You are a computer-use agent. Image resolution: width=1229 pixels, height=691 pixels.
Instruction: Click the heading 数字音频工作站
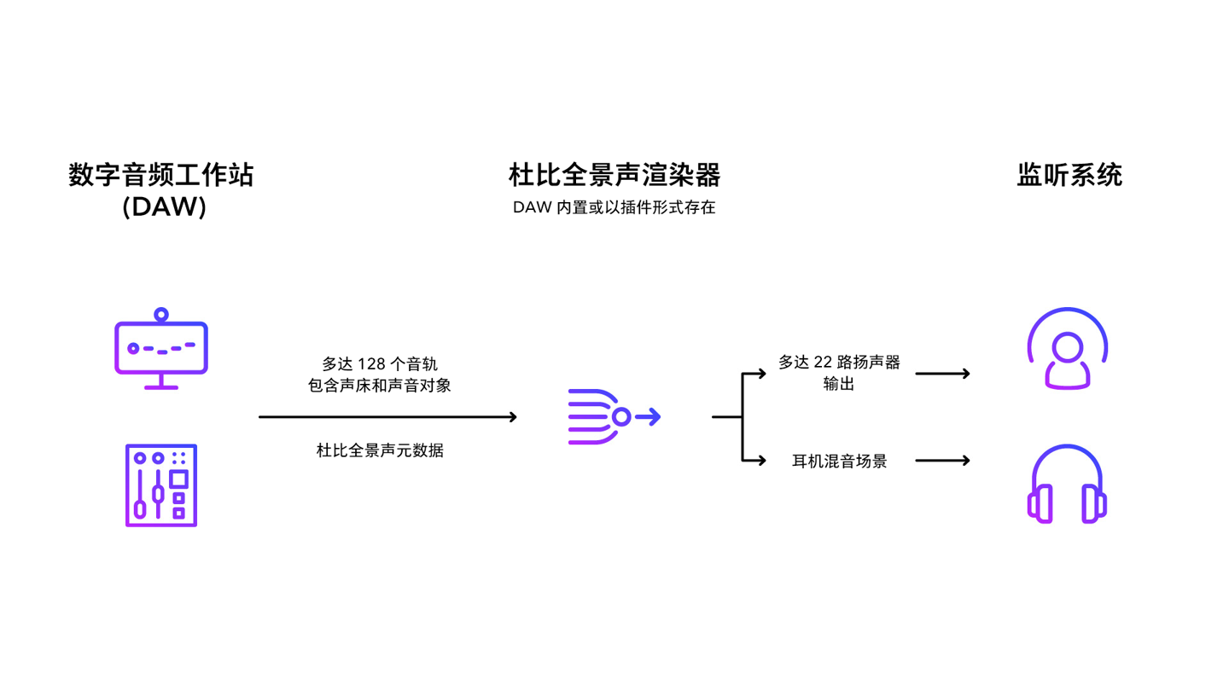pyautogui.click(x=161, y=176)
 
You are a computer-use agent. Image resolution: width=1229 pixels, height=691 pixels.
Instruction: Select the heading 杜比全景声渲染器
pyautogui.click(x=614, y=176)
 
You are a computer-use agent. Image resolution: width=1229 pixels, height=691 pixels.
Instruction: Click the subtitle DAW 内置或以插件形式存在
pyautogui.click(x=614, y=208)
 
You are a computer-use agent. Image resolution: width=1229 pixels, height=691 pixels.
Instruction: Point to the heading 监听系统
pyautogui.click(x=1069, y=176)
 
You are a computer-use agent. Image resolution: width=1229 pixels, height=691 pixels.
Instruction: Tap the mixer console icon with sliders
pyautogui.click(x=161, y=485)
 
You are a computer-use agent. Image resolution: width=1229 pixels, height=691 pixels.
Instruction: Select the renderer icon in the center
pyautogui.click(x=614, y=417)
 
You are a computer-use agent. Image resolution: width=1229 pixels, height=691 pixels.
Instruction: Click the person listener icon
pyautogui.click(x=1068, y=350)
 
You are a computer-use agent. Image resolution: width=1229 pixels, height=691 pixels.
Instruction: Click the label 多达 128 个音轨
pyautogui.click(x=379, y=364)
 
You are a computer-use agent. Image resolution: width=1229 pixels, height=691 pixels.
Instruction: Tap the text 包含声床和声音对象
pyautogui.click(x=379, y=386)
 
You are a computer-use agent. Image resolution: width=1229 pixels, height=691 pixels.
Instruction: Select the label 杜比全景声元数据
pyautogui.click(x=380, y=450)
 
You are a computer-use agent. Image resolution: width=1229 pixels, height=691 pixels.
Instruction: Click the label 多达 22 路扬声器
pyautogui.click(x=839, y=363)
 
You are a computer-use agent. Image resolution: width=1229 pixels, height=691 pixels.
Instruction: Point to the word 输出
pyautogui.click(x=839, y=384)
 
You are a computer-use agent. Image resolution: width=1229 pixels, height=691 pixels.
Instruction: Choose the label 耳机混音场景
pyautogui.click(x=839, y=462)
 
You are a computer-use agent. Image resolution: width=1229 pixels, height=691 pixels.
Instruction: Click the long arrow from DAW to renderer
pyautogui.click(x=387, y=417)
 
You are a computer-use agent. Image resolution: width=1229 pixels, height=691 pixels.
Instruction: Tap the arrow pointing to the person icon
pyautogui.click(x=942, y=374)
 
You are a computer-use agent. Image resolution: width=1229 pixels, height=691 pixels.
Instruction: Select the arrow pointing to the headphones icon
pyautogui.click(x=942, y=462)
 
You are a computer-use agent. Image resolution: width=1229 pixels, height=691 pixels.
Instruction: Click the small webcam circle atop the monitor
pyautogui.click(x=160, y=315)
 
